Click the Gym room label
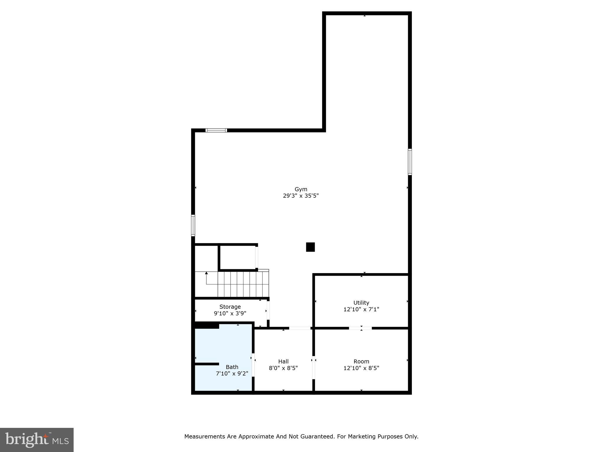pyautogui.click(x=301, y=189)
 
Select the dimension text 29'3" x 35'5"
pyautogui.click(x=301, y=196)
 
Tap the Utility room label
pyautogui.click(x=361, y=303)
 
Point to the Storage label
pyautogui.click(x=230, y=307)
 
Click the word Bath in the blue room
pyautogui.click(x=232, y=367)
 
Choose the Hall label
pyautogui.click(x=283, y=361)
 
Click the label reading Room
pyautogui.click(x=361, y=361)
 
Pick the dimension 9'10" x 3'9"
pyautogui.click(x=230, y=313)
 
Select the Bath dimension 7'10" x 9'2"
pyautogui.click(x=232, y=373)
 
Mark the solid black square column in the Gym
pyautogui.click(x=310, y=247)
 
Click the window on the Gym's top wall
pyautogui.click(x=216, y=130)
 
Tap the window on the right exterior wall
pyautogui.click(x=410, y=162)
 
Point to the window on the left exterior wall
pyautogui.click(x=193, y=225)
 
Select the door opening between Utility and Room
pyautogui.click(x=360, y=328)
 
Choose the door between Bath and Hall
pyautogui.click(x=253, y=365)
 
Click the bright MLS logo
pyautogui.click(x=37, y=440)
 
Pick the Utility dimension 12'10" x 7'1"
pyautogui.click(x=361, y=309)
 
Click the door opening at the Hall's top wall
pyautogui.click(x=299, y=328)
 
